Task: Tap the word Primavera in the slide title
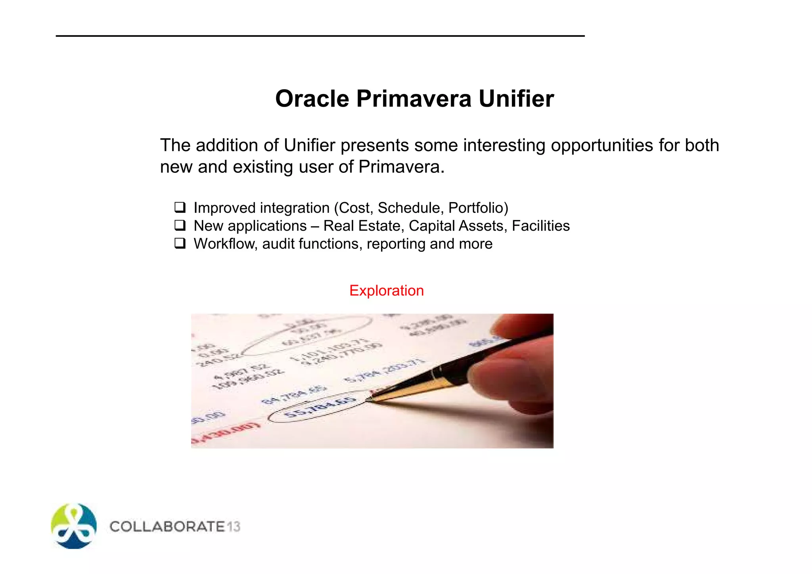414,98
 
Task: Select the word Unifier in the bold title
516,98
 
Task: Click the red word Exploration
387,291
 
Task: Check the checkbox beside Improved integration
180,207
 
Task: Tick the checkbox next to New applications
180,225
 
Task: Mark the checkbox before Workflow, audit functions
180,243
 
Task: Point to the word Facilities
540,226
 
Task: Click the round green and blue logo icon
74,526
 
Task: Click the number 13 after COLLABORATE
234,526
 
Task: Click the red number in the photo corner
226,434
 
